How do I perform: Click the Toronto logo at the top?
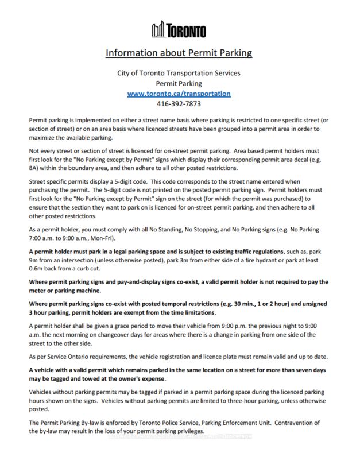179,30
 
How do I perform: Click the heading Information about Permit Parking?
179,53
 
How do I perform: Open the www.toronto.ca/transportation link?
179,93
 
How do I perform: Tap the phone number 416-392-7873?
179,104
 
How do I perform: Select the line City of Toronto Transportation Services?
179,73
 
